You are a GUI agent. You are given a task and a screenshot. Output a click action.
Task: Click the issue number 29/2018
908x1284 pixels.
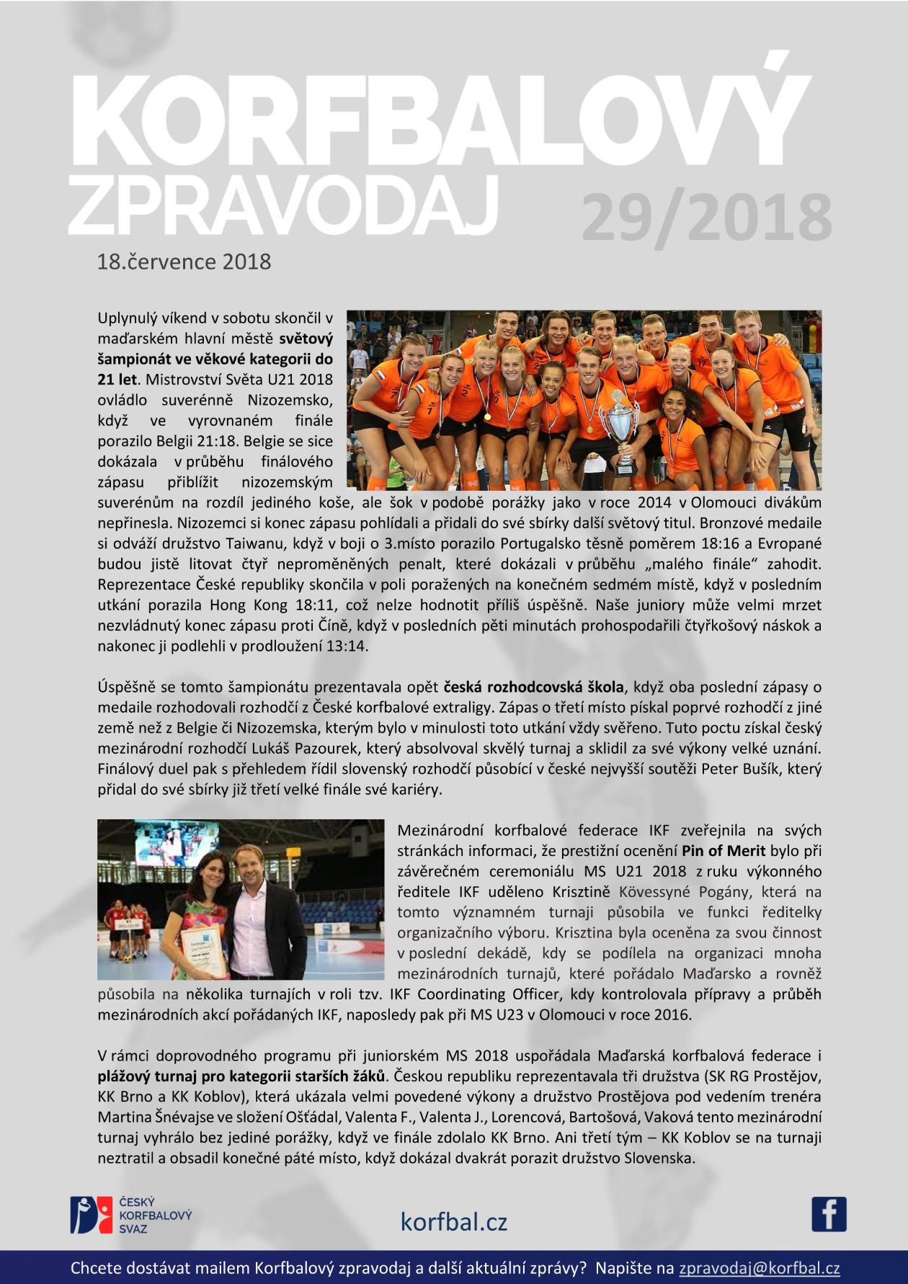coord(706,218)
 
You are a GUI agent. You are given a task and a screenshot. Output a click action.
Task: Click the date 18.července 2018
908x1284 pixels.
coord(184,261)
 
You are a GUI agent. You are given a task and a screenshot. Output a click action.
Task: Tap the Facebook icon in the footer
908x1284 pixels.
coord(829,1214)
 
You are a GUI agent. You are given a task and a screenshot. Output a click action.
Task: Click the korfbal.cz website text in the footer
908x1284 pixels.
coord(454,1221)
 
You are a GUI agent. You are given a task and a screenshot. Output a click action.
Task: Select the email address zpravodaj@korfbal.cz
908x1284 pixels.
coord(760,1268)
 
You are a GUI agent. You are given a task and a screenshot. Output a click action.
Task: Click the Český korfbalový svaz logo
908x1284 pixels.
coord(130,1215)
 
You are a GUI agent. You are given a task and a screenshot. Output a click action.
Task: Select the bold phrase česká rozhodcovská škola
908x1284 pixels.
coord(533,687)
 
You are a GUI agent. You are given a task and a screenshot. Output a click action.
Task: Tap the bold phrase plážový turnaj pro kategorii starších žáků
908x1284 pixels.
coord(241,1076)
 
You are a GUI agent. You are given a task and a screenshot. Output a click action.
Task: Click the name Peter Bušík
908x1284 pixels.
coord(742,769)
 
